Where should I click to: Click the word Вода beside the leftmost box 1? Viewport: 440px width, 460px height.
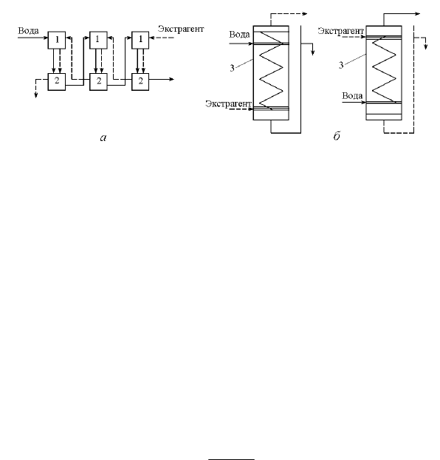pyautogui.click(x=28, y=31)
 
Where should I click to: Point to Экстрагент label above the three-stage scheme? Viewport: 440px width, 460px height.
pyautogui.click(x=181, y=29)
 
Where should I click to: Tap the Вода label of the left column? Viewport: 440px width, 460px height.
pyautogui.click(x=239, y=35)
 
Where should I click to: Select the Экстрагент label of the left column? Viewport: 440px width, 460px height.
pyautogui.click(x=229, y=104)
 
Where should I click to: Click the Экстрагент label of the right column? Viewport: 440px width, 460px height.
pyautogui.click(x=341, y=31)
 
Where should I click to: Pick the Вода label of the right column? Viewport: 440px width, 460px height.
pyautogui.click(x=352, y=96)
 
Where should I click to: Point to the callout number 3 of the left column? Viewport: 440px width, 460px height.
pyautogui.click(x=232, y=69)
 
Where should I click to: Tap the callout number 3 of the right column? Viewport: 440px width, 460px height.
pyautogui.click(x=341, y=65)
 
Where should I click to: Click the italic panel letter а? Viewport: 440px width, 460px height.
pyautogui.click(x=103, y=137)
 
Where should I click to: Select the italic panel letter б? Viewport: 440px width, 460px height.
pyautogui.click(x=337, y=136)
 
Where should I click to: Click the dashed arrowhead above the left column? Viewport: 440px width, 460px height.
pyautogui.click(x=305, y=13)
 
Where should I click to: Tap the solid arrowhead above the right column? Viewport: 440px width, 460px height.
pyautogui.click(x=417, y=13)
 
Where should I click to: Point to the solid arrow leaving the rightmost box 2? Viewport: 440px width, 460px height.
pyautogui.click(x=162, y=79)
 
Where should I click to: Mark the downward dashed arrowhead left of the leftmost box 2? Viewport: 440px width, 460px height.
pyautogui.click(x=35, y=95)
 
